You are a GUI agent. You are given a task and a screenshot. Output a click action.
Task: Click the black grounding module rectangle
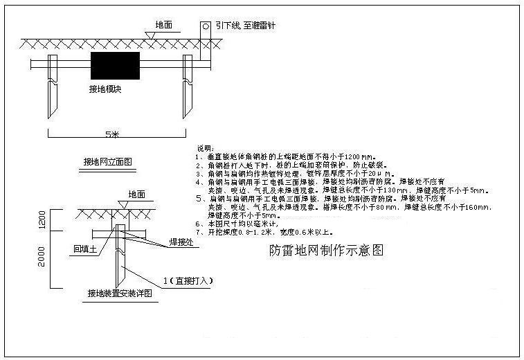(115, 66)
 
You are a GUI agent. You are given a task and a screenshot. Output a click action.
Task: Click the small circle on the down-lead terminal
(206, 27)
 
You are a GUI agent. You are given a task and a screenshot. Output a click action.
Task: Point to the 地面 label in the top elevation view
(164, 24)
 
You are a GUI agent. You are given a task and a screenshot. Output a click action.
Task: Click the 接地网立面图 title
(107, 162)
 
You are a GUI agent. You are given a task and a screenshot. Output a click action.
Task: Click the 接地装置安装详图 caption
(120, 293)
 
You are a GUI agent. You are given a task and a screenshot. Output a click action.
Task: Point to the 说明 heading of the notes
(206, 148)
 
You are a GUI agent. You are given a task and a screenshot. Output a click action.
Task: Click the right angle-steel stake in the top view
(187, 87)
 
